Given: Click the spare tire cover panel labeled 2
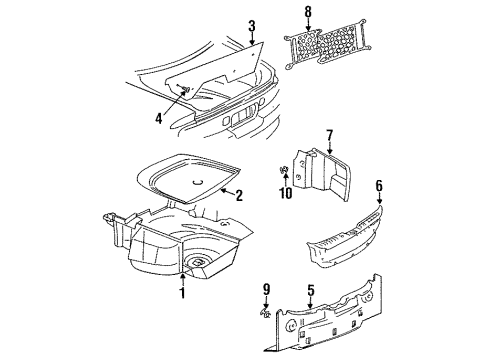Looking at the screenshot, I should click(x=200, y=181).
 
